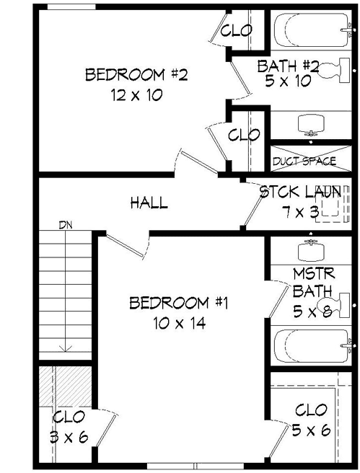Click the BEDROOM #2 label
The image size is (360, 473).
click(x=136, y=75)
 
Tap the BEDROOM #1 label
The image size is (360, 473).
click(x=179, y=303)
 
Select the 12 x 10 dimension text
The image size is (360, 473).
click(x=136, y=94)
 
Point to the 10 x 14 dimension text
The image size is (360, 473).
click(x=180, y=323)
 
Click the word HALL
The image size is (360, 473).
click(x=149, y=203)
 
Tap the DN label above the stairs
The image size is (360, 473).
click(x=66, y=225)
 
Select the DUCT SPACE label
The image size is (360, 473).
click(x=304, y=161)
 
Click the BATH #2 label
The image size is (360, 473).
click(x=287, y=66)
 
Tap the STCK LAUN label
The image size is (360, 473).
click(x=300, y=193)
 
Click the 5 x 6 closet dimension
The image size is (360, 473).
click(x=312, y=430)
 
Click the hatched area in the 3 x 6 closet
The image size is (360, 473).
click(x=56, y=389)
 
